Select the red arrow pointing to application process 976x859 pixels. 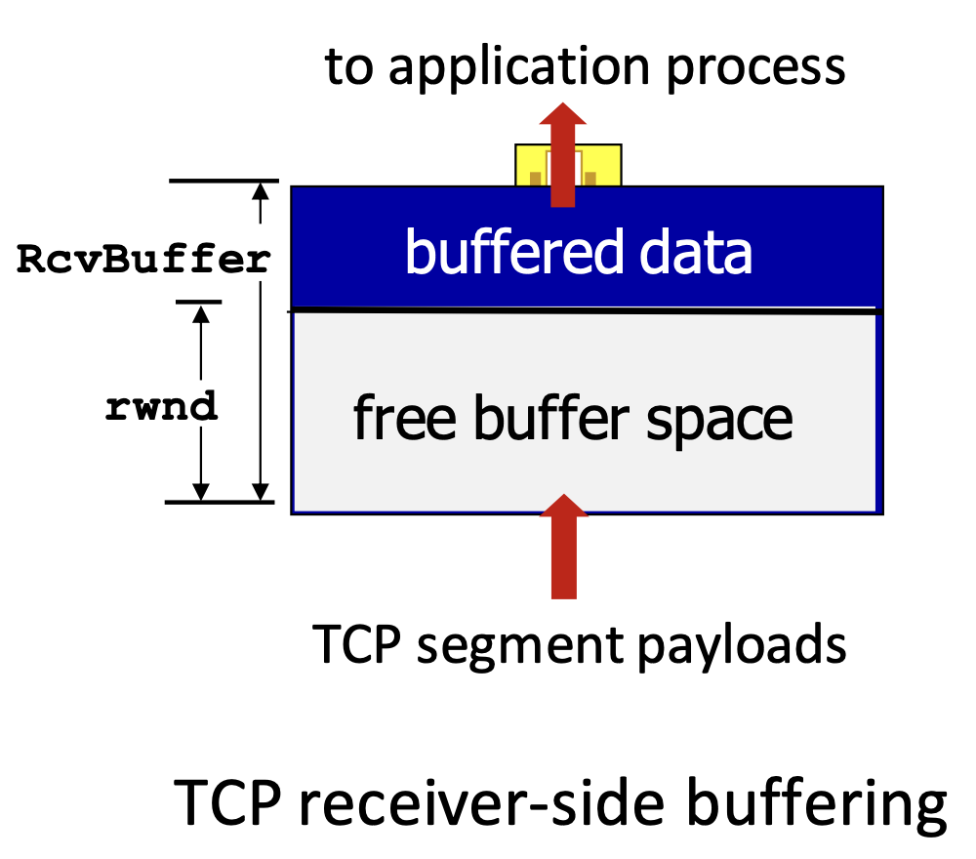(563, 154)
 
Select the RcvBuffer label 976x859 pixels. (143, 259)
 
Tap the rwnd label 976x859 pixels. (161, 406)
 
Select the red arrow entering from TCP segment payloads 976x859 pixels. (563, 547)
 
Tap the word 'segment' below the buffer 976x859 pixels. (520, 647)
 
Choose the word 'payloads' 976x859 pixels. (742, 646)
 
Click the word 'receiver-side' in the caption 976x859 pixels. (482, 803)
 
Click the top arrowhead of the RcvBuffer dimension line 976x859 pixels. (261, 190)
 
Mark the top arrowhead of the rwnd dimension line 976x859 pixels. (200, 314)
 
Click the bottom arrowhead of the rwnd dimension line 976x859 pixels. (200, 492)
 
